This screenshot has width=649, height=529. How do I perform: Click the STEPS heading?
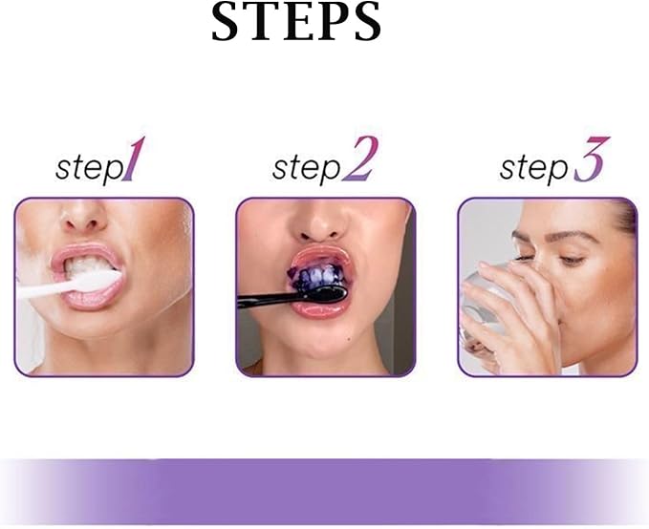coord(296,23)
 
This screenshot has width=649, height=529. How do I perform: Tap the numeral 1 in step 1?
coord(136,161)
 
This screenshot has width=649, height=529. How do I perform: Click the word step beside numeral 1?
coord(89,169)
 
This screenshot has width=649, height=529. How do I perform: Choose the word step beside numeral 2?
coord(306,169)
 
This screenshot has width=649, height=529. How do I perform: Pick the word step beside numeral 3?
coord(534,169)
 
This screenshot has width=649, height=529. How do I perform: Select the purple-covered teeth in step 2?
coord(318,279)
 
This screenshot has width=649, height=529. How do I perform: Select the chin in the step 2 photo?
coord(323,349)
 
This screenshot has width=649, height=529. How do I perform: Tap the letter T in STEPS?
coord(254,23)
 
